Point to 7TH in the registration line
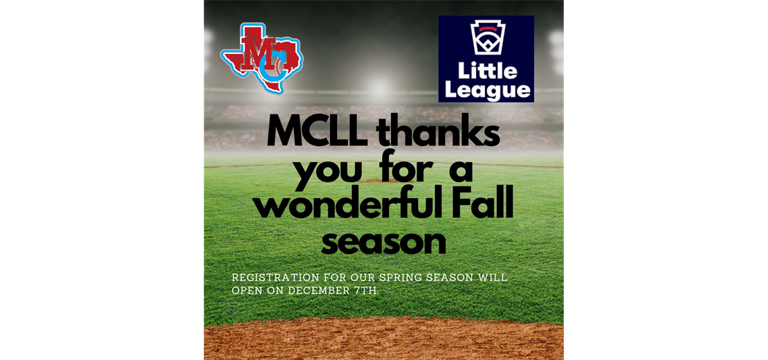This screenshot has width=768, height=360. point(367,290)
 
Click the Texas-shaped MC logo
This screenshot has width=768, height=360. point(262,57)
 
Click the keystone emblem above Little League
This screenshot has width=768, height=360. point(486,37)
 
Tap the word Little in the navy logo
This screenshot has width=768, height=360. point(487,71)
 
